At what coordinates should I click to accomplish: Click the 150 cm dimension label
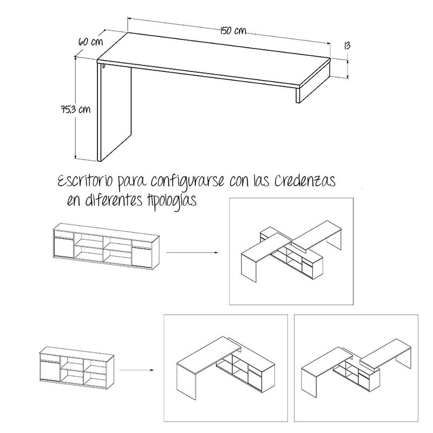click(233, 30)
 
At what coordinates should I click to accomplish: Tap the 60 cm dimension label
click(90, 42)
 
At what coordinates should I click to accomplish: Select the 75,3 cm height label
click(76, 109)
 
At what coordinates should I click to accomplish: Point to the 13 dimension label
click(347, 45)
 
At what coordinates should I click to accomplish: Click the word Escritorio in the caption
click(85, 181)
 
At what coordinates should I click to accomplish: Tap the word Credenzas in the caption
click(305, 181)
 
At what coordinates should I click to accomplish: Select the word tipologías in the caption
click(169, 200)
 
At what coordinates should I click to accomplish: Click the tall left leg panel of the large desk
click(114, 113)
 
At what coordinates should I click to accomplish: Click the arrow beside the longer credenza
click(192, 252)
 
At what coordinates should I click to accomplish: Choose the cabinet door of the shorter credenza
click(50, 371)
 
